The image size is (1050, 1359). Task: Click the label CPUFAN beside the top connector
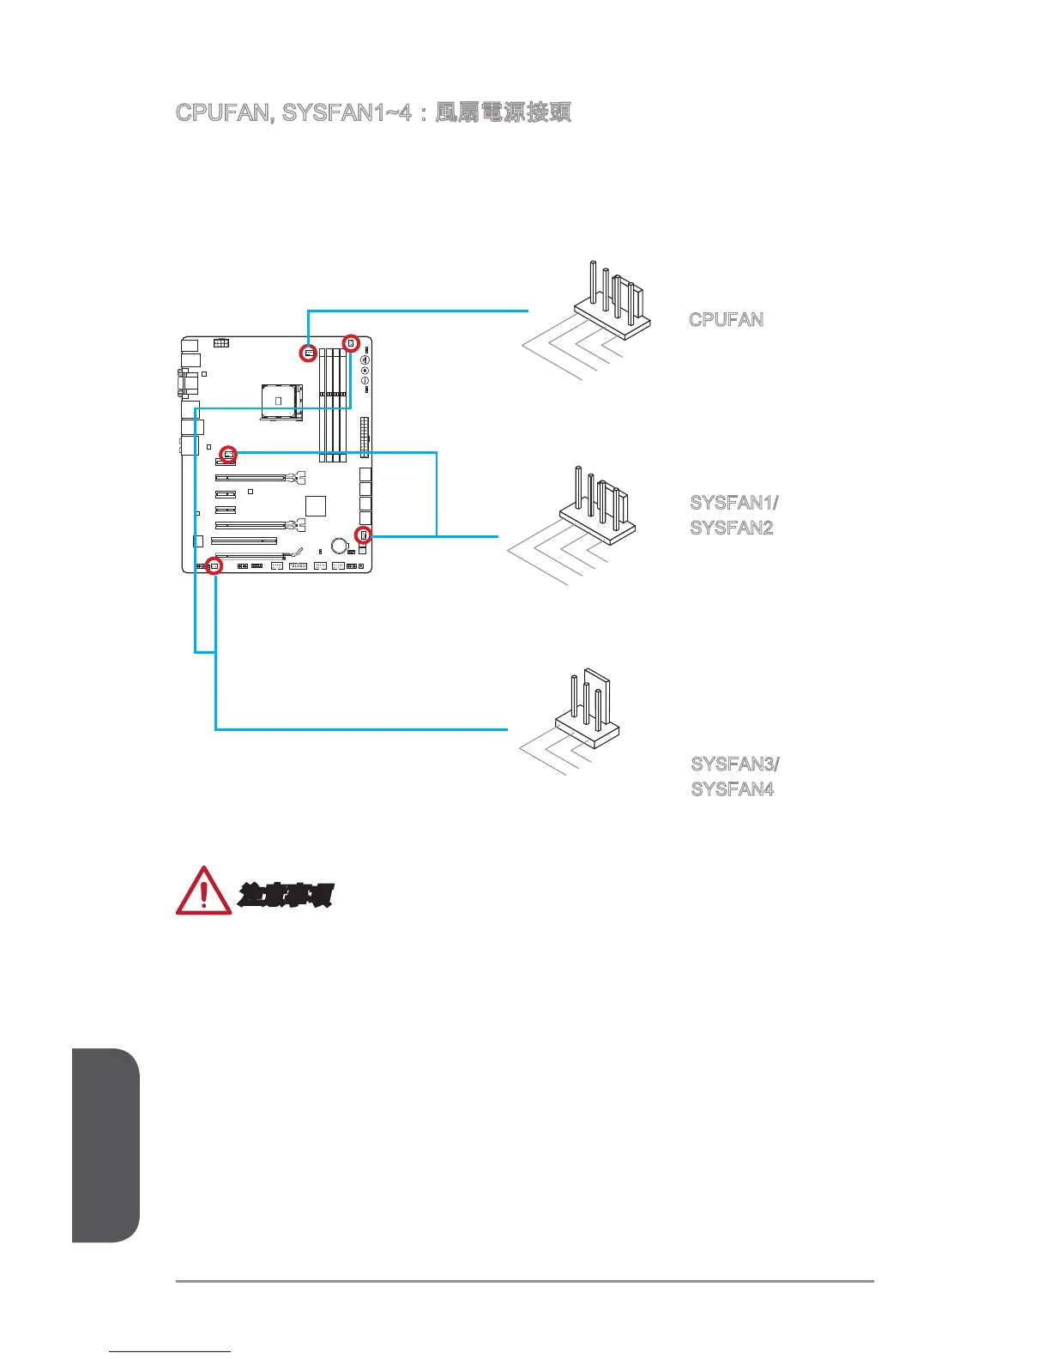(x=726, y=320)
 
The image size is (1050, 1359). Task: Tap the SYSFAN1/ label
(x=734, y=503)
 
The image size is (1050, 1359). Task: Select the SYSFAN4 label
(x=733, y=789)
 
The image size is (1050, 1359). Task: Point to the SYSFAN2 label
(x=732, y=528)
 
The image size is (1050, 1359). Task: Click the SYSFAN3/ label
(x=735, y=764)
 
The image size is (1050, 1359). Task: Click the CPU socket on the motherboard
(x=282, y=401)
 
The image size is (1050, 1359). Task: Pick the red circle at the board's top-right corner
(x=351, y=343)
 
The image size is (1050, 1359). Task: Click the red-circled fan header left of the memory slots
(x=309, y=353)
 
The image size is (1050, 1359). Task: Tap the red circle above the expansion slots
(x=228, y=452)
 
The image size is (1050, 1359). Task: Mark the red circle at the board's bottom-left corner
(x=214, y=566)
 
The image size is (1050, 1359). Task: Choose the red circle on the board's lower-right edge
(x=364, y=536)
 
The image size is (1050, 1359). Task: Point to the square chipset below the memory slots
(x=316, y=505)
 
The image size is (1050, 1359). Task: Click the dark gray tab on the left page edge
(x=106, y=1145)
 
